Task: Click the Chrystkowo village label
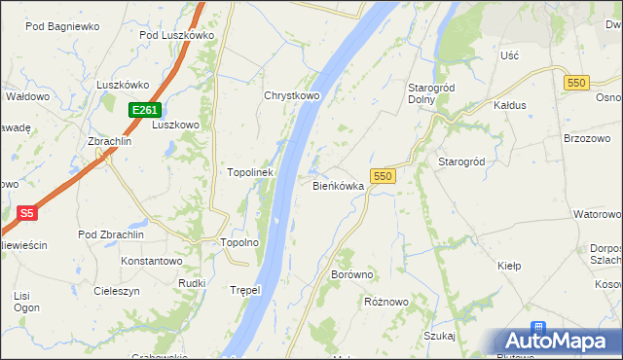292,96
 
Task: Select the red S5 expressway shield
27,212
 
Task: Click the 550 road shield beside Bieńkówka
383,176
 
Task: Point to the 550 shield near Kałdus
574,84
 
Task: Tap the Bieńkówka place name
338,185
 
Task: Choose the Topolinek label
250,172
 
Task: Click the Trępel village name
247,290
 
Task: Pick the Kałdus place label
509,104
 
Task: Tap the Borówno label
352,275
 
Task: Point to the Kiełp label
510,266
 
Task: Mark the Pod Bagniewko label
62,26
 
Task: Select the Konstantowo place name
151,261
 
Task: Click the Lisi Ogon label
26,301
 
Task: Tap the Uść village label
509,55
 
